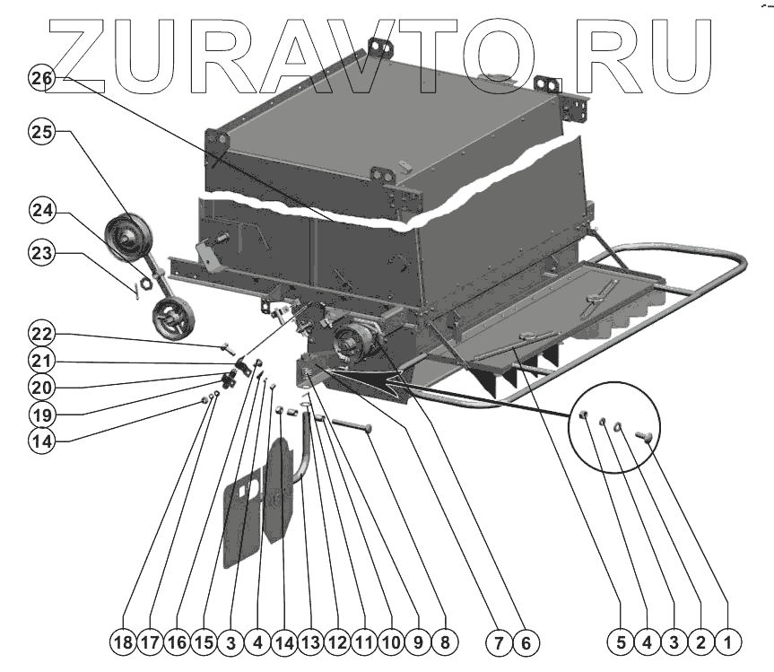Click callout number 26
pos(41,79)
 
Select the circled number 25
pos(41,133)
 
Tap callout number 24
pos(41,212)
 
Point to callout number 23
pos(41,255)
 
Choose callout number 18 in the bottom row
pos(124,642)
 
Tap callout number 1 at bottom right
pos(728,642)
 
